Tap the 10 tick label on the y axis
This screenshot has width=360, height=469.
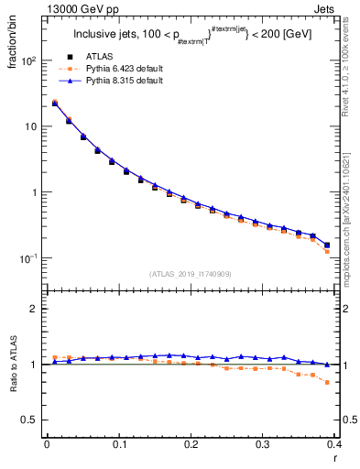click(x=32, y=126)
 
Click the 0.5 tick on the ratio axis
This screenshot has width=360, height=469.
click(x=29, y=420)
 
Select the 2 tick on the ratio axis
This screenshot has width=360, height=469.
click(x=33, y=309)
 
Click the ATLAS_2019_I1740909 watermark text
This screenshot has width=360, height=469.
click(x=190, y=274)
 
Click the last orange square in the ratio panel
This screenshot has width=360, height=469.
click(x=327, y=382)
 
